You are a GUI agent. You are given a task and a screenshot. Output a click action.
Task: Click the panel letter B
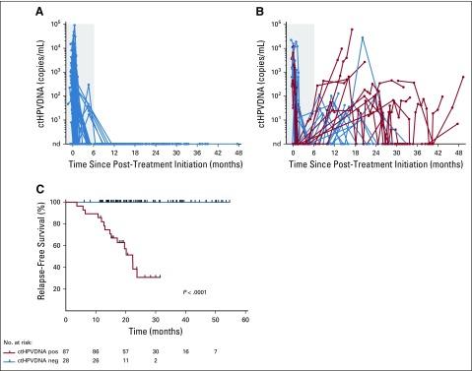(246, 9)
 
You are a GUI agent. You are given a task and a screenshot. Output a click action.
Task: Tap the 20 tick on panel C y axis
(56, 289)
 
